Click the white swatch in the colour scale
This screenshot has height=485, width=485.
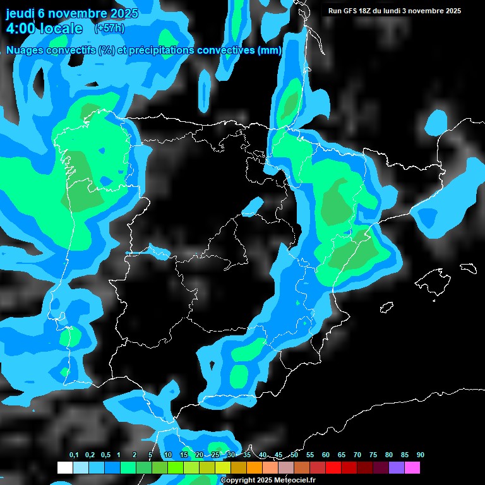coord(64,467)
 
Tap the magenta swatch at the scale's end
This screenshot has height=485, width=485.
coord(412,467)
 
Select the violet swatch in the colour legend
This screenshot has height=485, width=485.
coord(397,467)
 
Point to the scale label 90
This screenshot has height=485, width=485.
coord(421,455)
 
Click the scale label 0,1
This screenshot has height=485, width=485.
coord(74,455)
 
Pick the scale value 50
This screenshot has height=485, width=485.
coord(294,455)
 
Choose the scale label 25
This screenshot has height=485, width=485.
coord(215,455)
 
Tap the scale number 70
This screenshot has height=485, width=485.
coord(357,455)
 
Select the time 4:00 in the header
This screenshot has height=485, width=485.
coord(21,28)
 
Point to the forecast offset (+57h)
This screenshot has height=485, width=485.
coord(109,28)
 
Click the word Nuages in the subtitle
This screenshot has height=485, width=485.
coord(25,51)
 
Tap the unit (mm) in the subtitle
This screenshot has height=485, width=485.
coord(270,51)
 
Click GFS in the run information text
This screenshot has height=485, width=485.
coord(352,11)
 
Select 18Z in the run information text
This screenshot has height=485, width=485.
coord(369,11)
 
